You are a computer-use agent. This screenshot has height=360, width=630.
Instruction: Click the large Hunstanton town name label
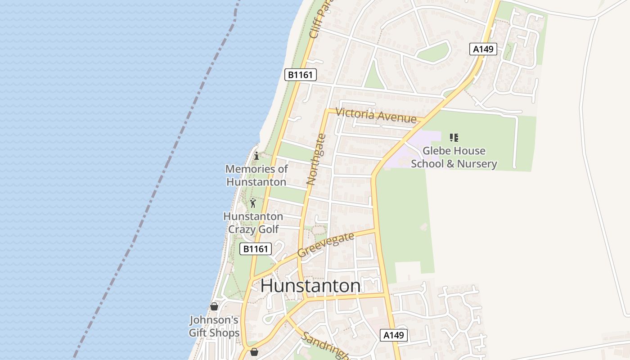click(x=310, y=286)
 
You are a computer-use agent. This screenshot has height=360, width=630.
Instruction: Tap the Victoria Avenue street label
click(x=376, y=115)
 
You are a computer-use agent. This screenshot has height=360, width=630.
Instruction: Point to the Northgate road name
click(x=316, y=160)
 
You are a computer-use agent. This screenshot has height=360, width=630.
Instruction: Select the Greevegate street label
click(x=325, y=245)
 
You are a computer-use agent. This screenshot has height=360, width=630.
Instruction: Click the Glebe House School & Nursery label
click(x=454, y=157)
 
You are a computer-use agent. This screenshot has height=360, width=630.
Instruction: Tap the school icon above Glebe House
click(x=454, y=138)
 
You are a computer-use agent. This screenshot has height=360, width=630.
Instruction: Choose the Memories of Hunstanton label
click(x=256, y=175)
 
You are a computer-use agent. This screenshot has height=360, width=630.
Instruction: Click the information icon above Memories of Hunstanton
click(x=256, y=156)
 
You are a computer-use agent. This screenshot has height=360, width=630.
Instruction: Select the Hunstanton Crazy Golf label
click(x=253, y=223)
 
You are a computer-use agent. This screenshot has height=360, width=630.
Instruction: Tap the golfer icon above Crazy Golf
click(x=253, y=203)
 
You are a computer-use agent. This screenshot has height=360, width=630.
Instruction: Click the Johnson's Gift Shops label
click(x=214, y=326)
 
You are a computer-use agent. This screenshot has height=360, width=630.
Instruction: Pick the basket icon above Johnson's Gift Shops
click(x=214, y=306)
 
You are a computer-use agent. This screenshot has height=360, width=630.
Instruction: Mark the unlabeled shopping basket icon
click(x=254, y=352)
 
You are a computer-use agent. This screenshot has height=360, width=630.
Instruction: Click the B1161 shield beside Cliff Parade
click(x=301, y=75)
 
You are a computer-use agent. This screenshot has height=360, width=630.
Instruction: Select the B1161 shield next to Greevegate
click(x=256, y=249)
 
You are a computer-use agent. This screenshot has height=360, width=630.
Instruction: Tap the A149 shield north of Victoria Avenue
click(x=484, y=49)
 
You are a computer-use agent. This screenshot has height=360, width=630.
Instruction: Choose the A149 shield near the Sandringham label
click(x=394, y=335)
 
